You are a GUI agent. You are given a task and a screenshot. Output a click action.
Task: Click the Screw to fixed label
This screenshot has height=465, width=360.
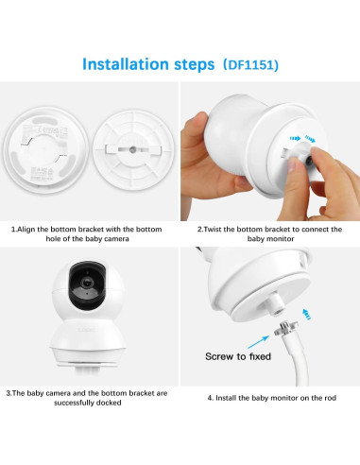(238, 357)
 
